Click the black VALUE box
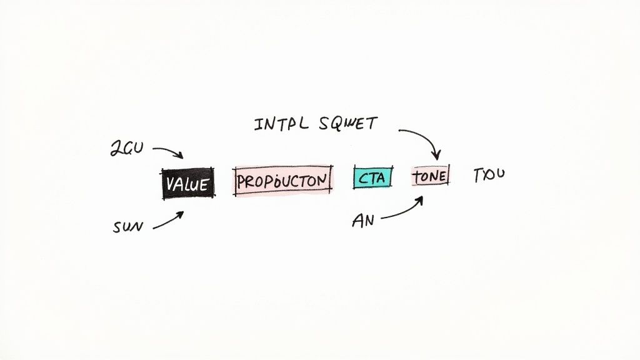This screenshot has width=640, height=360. (x=188, y=183)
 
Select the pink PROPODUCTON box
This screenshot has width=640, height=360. (x=283, y=181)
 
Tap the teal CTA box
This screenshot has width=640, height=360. (x=372, y=178)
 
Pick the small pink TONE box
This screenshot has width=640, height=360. (x=430, y=176)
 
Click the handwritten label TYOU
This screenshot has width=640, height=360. (x=488, y=174)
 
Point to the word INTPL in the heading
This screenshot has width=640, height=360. (x=281, y=124)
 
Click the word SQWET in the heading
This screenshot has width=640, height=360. (x=347, y=123)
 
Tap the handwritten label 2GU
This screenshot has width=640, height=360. (x=127, y=148)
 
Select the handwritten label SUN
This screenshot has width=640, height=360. (x=127, y=227)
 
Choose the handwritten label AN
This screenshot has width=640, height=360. (x=363, y=220)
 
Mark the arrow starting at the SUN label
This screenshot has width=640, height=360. (x=167, y=220)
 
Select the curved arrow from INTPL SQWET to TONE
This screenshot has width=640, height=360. (x=424, y=137)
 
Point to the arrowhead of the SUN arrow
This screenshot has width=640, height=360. (x=181, y=214)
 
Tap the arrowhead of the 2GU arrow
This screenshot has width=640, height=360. (x=179, y=156)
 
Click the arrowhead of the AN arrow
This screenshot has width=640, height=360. (x=420, y=199)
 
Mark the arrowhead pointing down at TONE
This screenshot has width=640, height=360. (x=437, y=156)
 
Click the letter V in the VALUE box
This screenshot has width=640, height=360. (x=169, y=184)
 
